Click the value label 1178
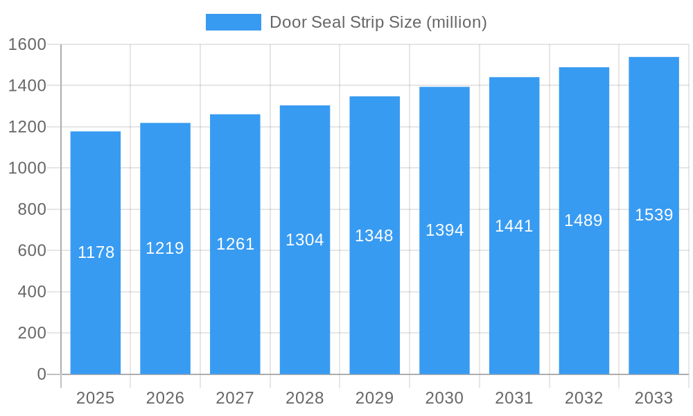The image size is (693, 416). (x=96, y=252)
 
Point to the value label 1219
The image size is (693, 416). (x=165, y=248)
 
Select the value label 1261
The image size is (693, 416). (x=235, y=244)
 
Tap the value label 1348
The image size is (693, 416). (x=374, y=236)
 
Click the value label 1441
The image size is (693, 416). (x=514, y=226)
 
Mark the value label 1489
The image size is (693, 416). (x=584, y=220)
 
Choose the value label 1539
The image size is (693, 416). (x=653, y=215)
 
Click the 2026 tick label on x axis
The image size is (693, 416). (x=165, y=398)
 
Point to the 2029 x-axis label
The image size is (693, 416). (x=374, y=398)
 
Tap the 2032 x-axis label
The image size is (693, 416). (x=584, y=398)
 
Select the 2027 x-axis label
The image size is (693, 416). (x=235, y=398)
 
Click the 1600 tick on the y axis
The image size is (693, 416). (x=27, y=44)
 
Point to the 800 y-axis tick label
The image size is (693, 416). (x=31, y=209)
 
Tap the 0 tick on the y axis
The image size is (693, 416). (x=42, y=374)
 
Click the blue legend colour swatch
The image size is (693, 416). (x=234, y=22)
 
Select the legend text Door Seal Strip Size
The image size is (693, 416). (x=378, y=22)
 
